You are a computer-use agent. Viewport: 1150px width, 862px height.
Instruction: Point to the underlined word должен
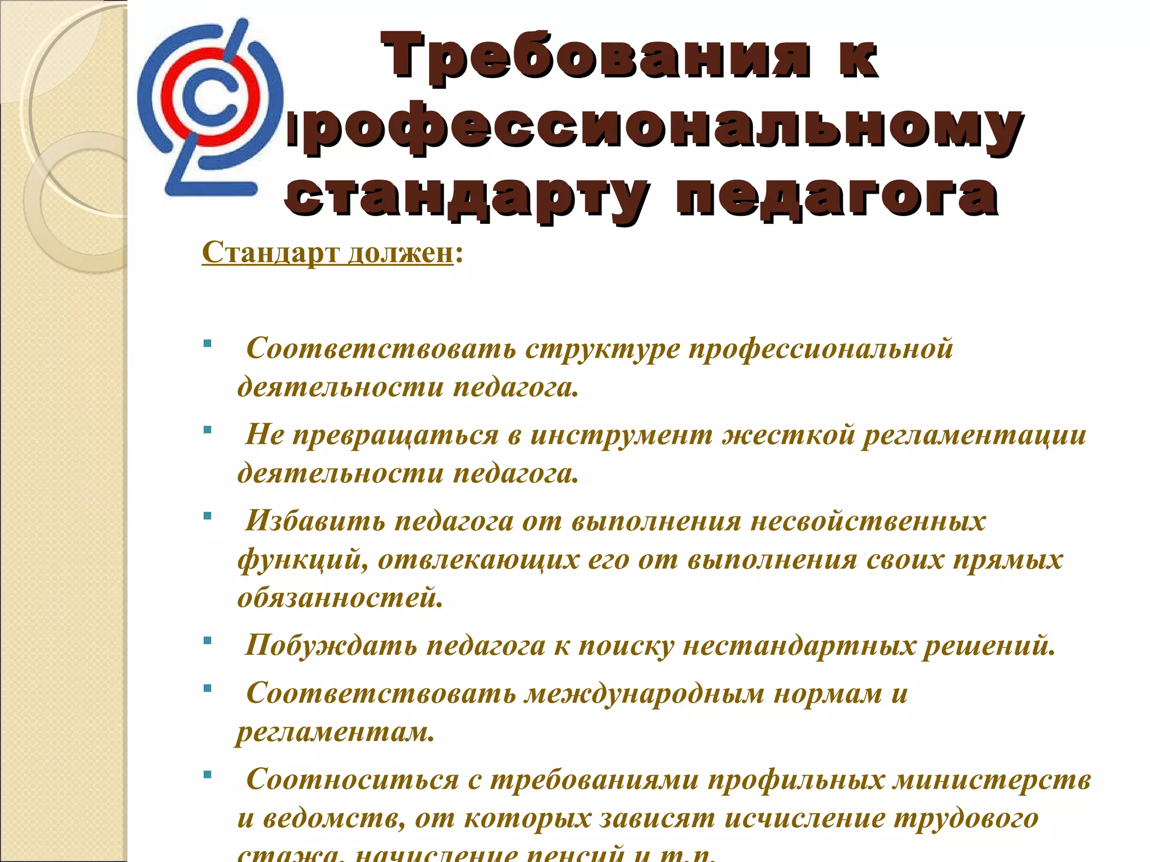point(400,253)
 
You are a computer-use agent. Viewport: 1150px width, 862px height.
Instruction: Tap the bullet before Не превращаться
point(208,430)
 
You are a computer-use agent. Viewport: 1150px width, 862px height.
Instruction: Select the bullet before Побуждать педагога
point(208,640)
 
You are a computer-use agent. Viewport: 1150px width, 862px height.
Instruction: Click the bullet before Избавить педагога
point(208,515)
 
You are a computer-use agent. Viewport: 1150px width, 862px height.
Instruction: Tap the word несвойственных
point(868,521)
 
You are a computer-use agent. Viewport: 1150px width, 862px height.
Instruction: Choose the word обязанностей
point(340,598)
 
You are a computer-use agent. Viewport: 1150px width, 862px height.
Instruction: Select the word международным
point(645,694)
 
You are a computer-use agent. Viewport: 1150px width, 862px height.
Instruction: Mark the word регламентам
point(335,732)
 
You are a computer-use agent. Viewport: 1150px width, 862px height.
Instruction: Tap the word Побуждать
point(331,646)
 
